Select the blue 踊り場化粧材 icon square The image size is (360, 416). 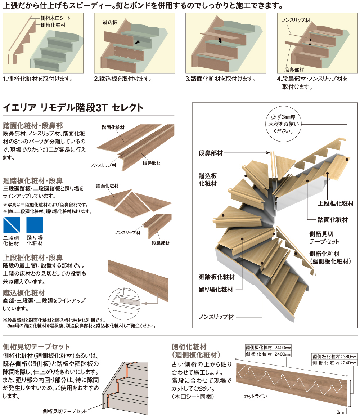click(x=35, y=225)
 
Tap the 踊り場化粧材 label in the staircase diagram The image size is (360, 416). click(x=216, y=289)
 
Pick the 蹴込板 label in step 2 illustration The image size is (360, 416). click(x=110, y=22)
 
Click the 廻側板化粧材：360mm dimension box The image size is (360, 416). click(x=334, y=357)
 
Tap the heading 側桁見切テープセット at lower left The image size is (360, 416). click(x=36, y=347)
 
